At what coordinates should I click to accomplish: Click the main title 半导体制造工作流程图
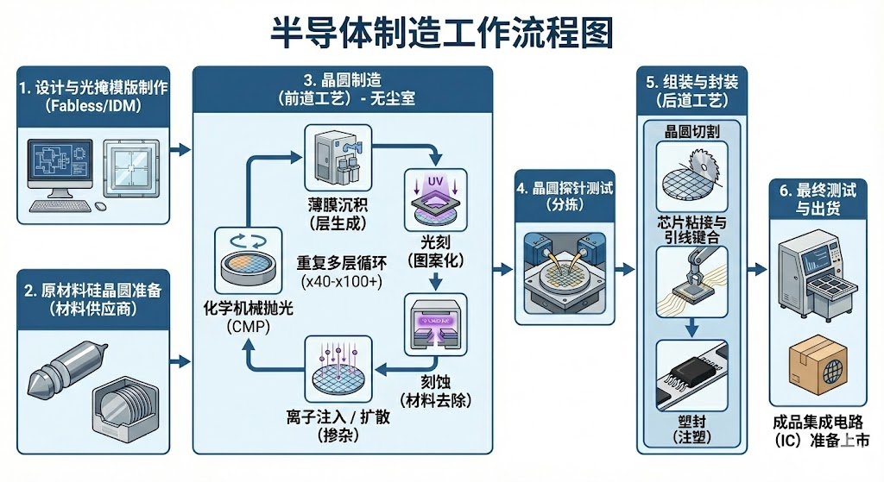(x=442, y=33)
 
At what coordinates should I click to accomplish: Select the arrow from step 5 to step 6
(x=756, y=270)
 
